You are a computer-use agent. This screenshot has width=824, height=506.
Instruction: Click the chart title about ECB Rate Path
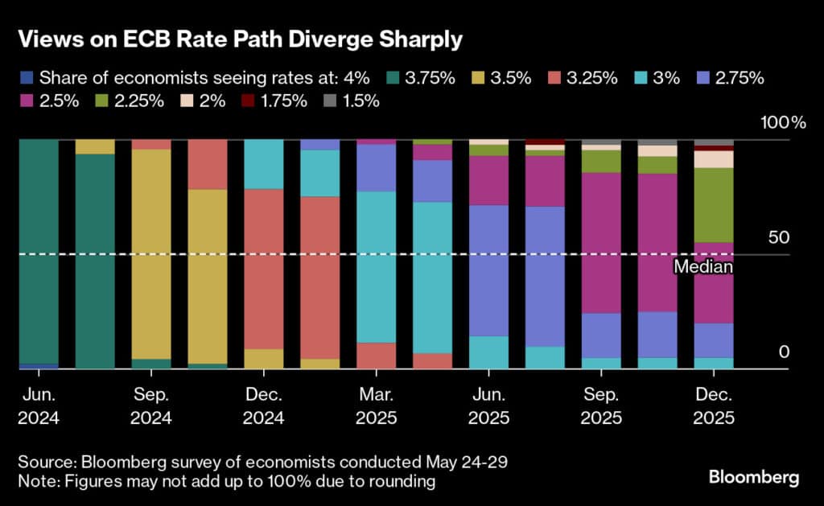pyautogui.click(x=241, y=39)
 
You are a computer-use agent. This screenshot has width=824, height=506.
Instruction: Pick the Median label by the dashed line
pyautogui.click(x=702, y=267)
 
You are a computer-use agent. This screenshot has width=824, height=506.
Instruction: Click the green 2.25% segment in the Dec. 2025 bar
pyautogui.click(x=714, y=205)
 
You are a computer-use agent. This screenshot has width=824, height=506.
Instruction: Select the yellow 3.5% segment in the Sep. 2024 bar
pyautogui.click(x=150, y=253)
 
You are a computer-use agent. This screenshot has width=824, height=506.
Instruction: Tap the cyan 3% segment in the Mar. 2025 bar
pyautogui.click(x=376, y=267)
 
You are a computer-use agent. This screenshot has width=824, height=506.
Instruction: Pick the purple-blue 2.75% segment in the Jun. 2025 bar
pyautogui.click(x=488, y=270)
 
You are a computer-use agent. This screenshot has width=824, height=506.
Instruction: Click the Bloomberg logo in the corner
pyautogui.click(x=754, y=478)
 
